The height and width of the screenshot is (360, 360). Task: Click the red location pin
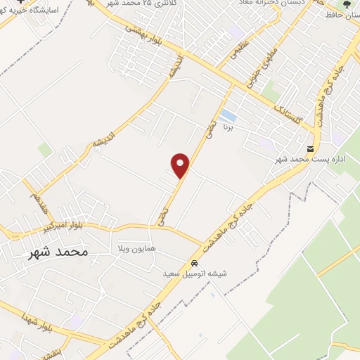[181, 165]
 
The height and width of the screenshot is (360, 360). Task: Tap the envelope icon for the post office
[311, 148]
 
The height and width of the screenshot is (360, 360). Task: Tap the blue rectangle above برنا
[227, 115]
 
